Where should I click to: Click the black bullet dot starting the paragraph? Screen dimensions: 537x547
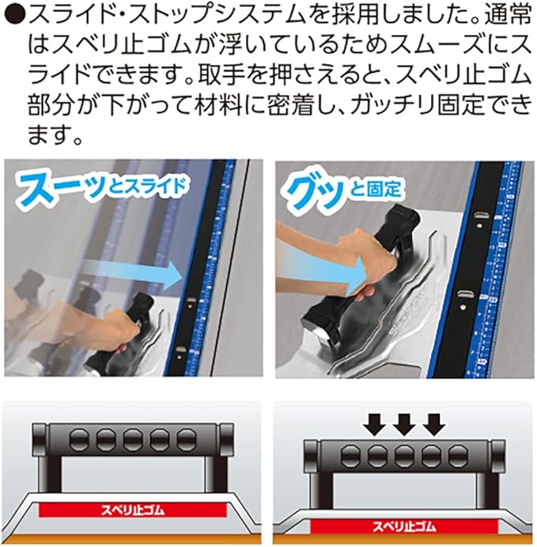pyautogui.click(x=14, y=17)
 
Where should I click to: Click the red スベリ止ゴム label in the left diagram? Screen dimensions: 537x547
pyautogui.click(x=132, y=510)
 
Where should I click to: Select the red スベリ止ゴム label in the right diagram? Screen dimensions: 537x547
pyautogui.click(x=404, y=526)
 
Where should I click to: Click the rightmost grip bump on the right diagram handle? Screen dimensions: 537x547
pyautogui.click(x=459, y=456)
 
